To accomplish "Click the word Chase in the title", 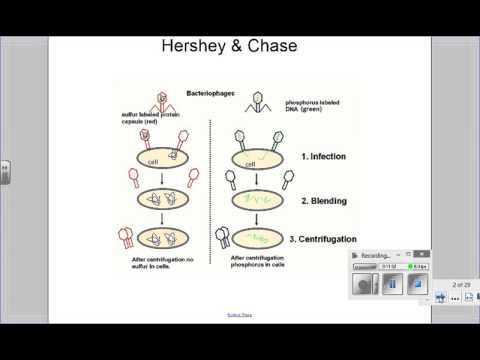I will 285,49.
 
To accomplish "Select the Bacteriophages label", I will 211,94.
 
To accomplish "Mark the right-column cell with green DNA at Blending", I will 259,200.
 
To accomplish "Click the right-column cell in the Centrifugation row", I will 260,240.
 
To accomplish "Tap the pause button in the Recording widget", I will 393,285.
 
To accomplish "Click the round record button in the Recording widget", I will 365,285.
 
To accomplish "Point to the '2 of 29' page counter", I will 460,286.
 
